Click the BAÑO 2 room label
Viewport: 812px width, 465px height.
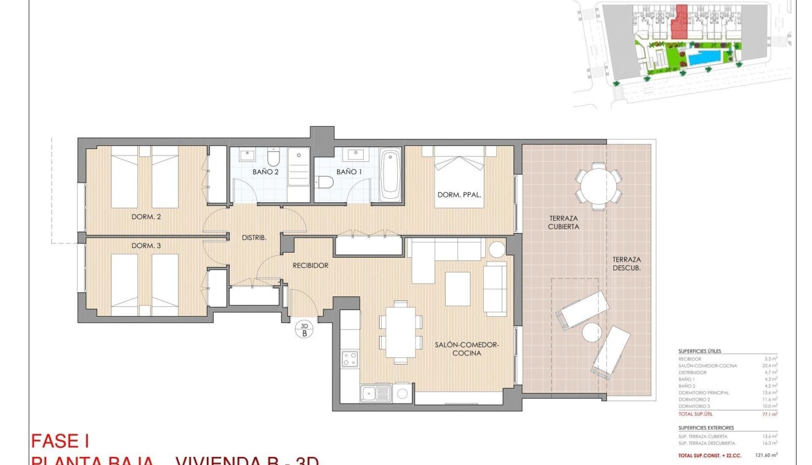coord(265,172)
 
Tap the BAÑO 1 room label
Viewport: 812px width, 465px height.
coord(348,172)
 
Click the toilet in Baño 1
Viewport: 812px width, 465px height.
coord(325,181)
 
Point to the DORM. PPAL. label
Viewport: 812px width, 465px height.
coord(459,196)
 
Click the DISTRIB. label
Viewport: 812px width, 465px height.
coord(254,237)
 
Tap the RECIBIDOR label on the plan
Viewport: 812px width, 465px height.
coord(310,266)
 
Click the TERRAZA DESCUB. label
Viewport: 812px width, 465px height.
coord(627,264)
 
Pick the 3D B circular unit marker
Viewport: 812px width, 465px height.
coord(304,330)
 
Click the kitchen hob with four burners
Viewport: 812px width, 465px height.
coord(350,358)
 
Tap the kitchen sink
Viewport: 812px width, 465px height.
coord(376,392)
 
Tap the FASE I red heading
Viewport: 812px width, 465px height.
coord(60,441)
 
